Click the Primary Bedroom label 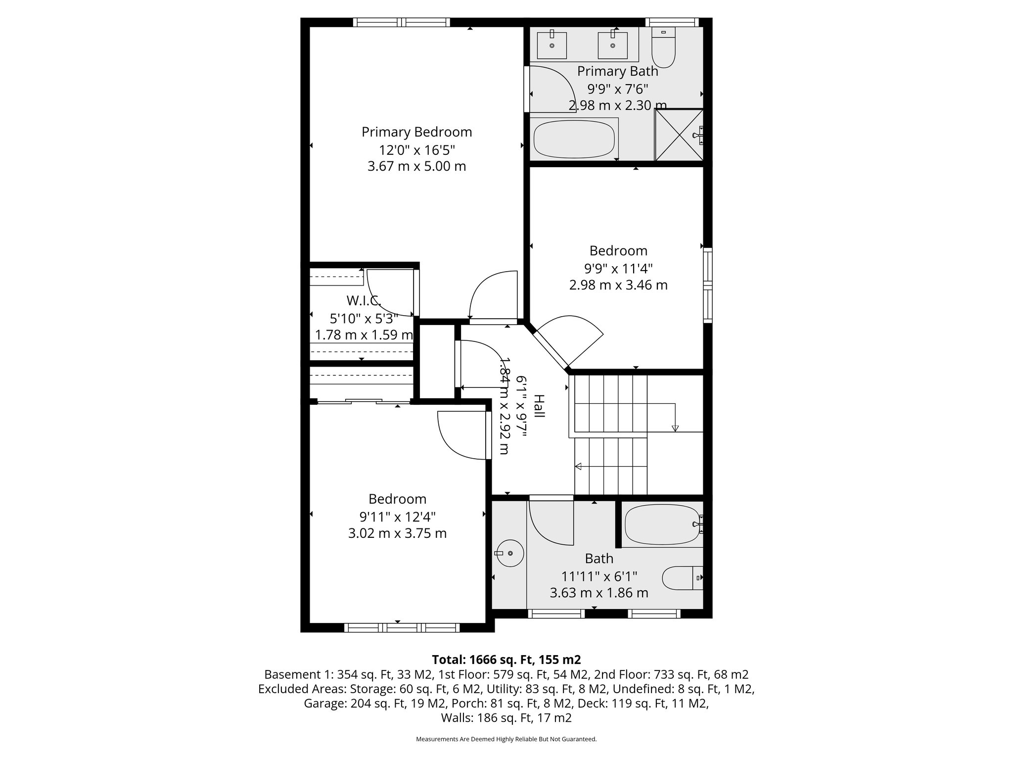tap(416, 132)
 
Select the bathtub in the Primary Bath tap(574, 139)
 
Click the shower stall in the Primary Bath tap(679, 135)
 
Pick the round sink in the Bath tap(509, 552)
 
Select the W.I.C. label tap(364, 300)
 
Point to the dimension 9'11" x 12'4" tap(397, 517)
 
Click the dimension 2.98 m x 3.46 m tap(618, 285)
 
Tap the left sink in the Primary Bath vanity tap(552, 45)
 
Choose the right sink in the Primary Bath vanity tap(612, 45)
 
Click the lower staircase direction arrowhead tap(578, 466)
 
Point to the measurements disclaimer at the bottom tap(506, 739)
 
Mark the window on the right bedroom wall tap(708, 285)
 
